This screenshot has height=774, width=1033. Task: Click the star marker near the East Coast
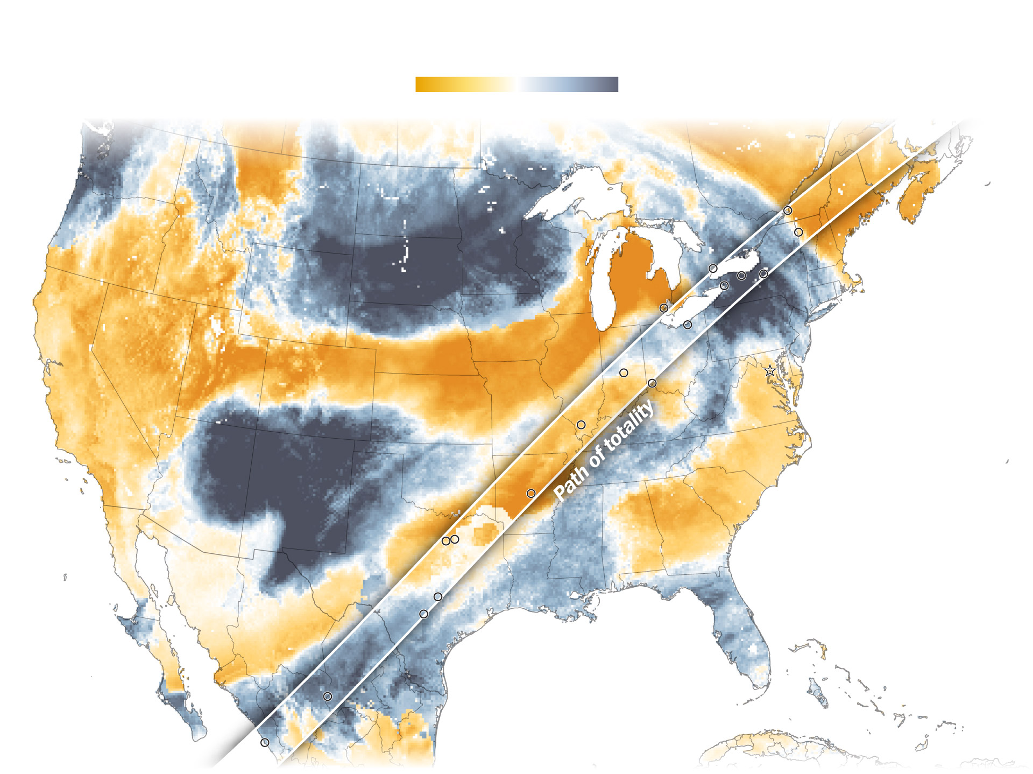[770, 371]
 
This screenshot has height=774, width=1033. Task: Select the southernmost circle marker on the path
[265, 742]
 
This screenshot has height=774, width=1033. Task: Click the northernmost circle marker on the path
[787, 210]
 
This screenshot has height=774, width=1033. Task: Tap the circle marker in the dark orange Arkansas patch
[531, 493]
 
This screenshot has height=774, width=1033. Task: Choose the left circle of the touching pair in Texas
[445, 541]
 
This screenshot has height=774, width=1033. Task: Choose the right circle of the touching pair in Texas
[455, 539]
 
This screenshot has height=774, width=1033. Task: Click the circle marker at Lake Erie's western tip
[664, 308]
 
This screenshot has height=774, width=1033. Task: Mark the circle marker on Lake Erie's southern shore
[688, 325]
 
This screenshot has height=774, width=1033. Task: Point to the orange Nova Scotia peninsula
[920, 194]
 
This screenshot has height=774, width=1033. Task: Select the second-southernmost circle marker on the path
[327, 696]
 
